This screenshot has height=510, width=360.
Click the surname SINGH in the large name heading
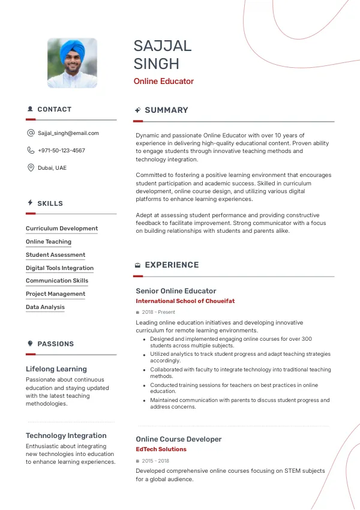click(156, 64)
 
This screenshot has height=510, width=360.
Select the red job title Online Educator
click(163, 82)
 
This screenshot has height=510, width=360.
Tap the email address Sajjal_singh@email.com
click(68, 133)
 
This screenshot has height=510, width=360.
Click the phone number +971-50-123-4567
click(61, 151)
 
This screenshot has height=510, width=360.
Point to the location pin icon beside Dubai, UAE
click(31, 168)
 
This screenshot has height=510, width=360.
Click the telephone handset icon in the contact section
click(31, 151)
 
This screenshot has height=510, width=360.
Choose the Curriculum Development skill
click(62, 229)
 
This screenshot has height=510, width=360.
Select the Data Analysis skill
click(45, 307)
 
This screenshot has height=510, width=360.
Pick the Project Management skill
click(55, 294)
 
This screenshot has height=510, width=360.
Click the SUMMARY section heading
click(166, 110)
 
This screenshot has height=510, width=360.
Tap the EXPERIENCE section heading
click(172, 265)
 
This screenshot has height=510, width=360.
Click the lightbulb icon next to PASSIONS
click(30, 344)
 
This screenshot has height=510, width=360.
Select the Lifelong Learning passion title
click(56, 369)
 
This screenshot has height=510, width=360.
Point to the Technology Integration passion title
click(66, 436)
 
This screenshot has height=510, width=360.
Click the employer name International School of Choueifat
click(185, 301)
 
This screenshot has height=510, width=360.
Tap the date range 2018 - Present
click(158, 313)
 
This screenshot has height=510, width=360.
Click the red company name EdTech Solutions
click(161, 449)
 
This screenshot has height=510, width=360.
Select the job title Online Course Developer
click(179, 439)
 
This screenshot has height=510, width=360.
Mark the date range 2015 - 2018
click(155, 461)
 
